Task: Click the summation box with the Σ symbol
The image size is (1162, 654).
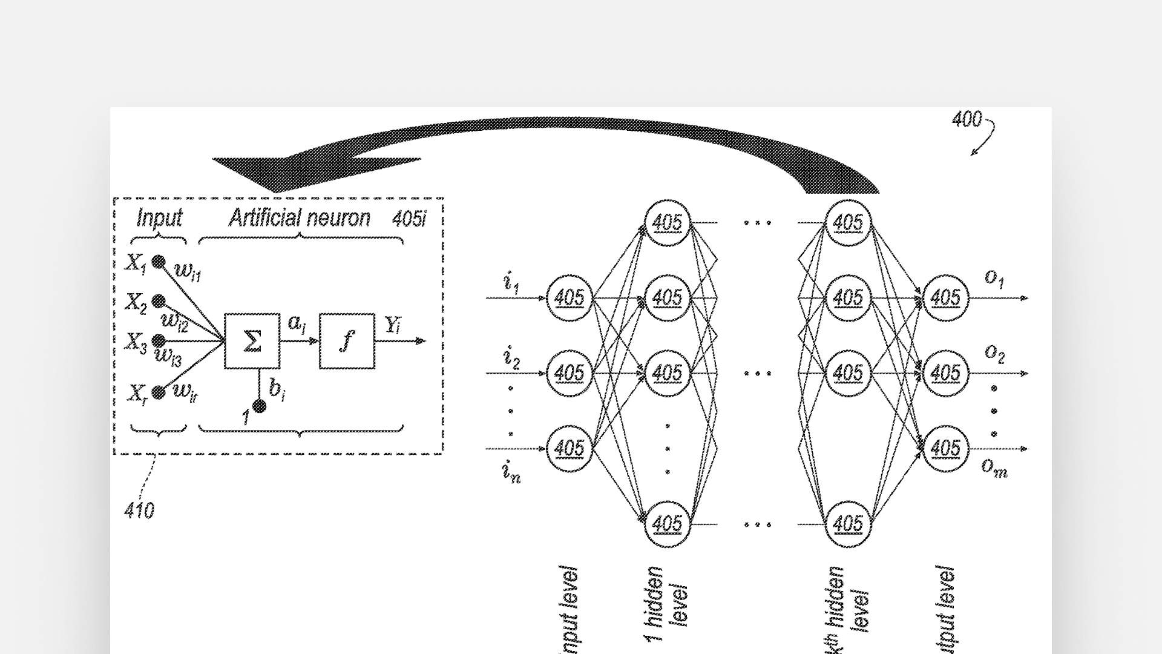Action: pos(252,341)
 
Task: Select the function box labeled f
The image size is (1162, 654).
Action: pos(347,341)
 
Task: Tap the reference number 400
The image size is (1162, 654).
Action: pos(967,119)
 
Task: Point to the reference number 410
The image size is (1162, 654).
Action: pos(139,511)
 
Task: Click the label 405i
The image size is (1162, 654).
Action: pos(409,219)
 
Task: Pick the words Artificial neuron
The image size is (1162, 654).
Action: pos(299,218)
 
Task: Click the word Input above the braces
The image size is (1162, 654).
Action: pos(159,218)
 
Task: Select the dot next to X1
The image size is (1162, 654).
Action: pos(158,262)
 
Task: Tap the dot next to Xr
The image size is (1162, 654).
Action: pos(159,393)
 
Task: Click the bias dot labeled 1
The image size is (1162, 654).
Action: pos(260,406)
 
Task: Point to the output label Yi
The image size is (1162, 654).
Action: pos(393,326)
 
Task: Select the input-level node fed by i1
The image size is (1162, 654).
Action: pos(569,298)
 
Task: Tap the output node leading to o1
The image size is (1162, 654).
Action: pos(945,298)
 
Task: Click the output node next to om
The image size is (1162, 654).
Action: pos(945,449)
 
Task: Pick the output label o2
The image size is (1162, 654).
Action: pos(994,352)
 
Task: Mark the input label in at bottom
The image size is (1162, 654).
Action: pos(511,473)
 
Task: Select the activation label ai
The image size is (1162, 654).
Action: pos(297,324)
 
